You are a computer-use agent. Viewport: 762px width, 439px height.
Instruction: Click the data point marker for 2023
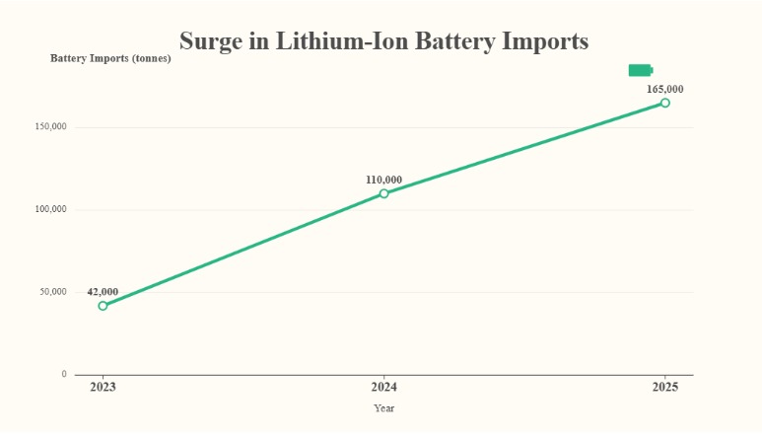pyautogui.click(x=103, y=306)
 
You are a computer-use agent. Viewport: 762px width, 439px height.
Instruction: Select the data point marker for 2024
pyautogui.click(x=383, y=193)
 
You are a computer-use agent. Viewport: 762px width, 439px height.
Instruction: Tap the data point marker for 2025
pyautogui.click(x=665, y=103)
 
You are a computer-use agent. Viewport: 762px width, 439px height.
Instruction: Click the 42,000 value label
pyautogui.click(x=103, y=292)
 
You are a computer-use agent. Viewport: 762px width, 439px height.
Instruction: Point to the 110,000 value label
pyautogui.click(x=383, y=180)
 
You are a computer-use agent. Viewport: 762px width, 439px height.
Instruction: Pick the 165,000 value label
pyautogui.click(x=665, y=89)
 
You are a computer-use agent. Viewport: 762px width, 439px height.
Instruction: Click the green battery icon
pyautogui.click(x=641, y=70)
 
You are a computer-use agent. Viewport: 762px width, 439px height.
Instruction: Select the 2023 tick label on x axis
pyautogui.click(x=103, y=387)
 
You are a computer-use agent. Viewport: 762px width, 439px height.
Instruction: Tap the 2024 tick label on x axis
pyautogui.click(x=383, y=387)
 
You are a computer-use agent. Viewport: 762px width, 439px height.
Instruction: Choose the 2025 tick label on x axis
pyautogui.click(x=665, y=387)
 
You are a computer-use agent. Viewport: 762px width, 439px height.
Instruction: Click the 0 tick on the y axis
pyautogui.click(x=64, y=375)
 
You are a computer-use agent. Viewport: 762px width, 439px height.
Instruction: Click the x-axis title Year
pyautogui.click(x=383, y=408)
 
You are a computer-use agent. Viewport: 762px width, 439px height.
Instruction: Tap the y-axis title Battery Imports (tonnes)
pyautogui.click(x=110, y=58)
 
